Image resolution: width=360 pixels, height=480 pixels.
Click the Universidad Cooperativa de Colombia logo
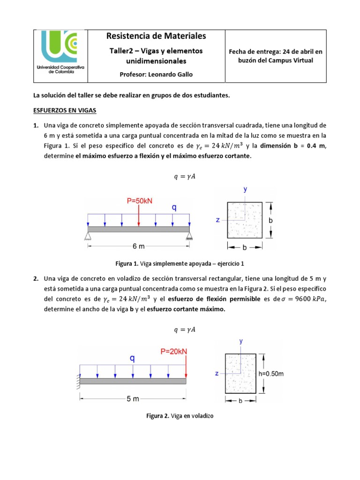[61, 56]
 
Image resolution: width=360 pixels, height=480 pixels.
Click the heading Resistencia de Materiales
[156, 36]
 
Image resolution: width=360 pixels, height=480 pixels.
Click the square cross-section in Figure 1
[244, 220]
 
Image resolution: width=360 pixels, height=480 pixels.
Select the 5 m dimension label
[133, 399]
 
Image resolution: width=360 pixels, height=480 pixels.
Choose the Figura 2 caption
[180, 416]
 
